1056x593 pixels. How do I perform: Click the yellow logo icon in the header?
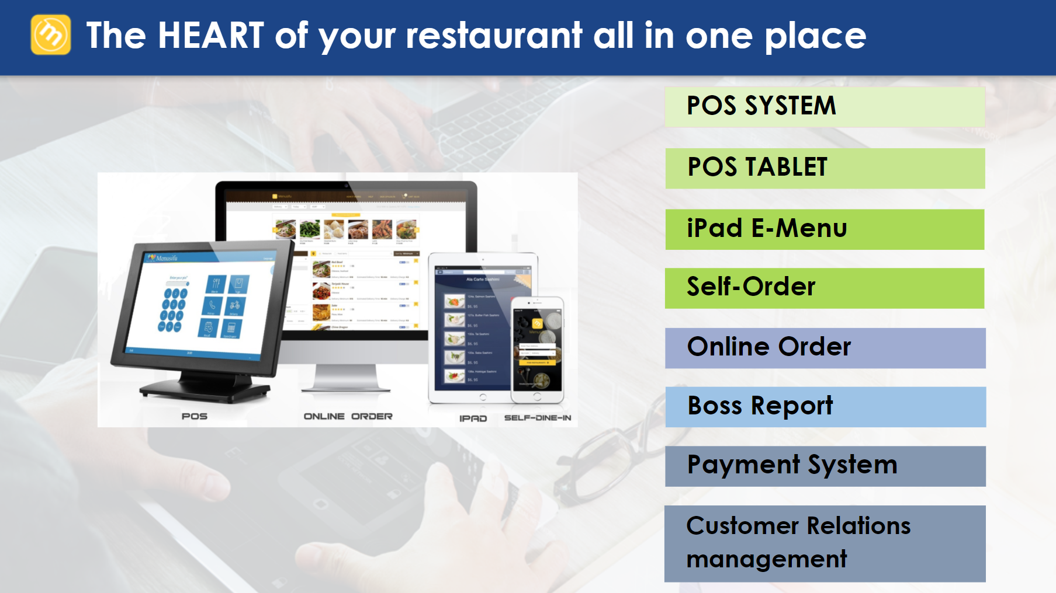coord(51,35)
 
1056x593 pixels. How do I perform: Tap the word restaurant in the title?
coord(494,36)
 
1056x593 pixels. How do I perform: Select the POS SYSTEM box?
coord(825,107)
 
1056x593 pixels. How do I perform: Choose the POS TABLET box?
coord(825,168)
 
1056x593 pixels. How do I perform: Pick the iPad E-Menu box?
coord(825,229)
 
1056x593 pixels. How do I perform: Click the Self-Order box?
coord(825,288)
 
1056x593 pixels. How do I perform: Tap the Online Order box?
coord(825,348)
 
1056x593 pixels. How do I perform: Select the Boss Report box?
coord(825,407)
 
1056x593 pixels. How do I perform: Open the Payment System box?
coord(825,466)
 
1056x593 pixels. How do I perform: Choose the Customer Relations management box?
coord(825,543)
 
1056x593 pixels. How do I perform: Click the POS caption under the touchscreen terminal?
coord(195,416)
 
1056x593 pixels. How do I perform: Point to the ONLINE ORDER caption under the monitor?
coord(348,416)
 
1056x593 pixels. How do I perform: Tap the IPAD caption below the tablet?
coord(473,418)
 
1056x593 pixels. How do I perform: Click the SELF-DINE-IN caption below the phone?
coord(537,418)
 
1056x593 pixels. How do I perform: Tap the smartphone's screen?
coord(537,348)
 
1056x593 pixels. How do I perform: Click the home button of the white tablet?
coord(483,397)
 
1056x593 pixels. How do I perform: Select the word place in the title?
coord(815,36)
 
